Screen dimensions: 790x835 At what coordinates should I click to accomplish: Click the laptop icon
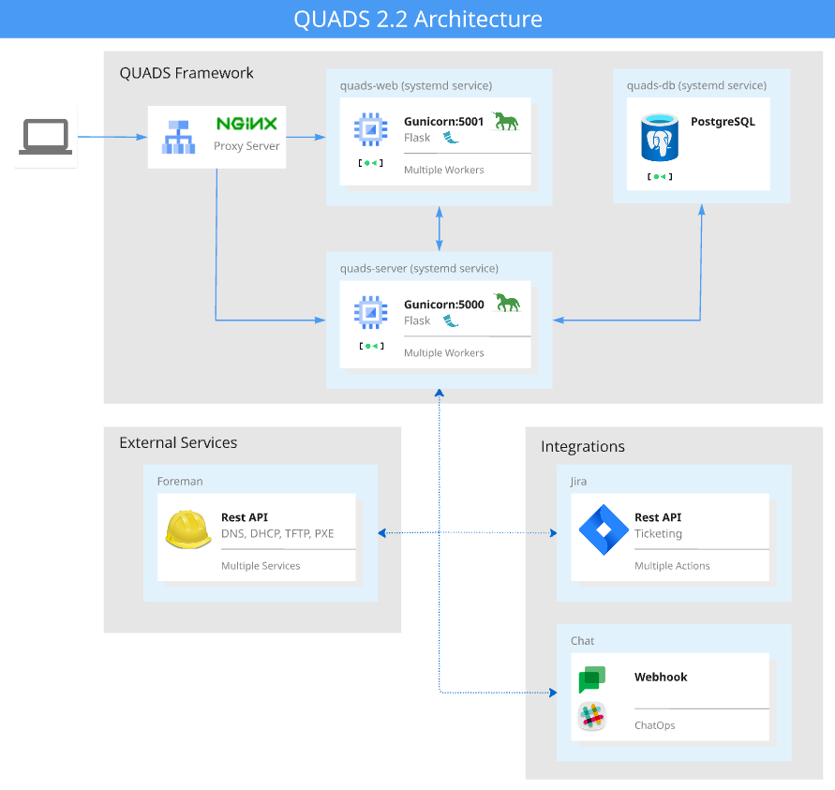coord(46,137)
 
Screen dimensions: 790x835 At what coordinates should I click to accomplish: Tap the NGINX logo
coord(246,124)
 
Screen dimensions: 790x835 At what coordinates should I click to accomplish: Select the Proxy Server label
coord(246,146)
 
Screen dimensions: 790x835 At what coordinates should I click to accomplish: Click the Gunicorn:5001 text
coord(443,122)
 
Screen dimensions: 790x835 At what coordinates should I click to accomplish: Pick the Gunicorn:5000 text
coord(443,305)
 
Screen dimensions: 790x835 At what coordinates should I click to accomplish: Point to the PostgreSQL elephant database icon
coord(661,136)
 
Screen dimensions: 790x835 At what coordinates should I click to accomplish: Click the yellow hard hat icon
coord(188,529)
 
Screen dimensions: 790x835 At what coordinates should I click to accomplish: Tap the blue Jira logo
coord(602,529)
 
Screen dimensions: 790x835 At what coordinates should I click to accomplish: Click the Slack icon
coord(592,717)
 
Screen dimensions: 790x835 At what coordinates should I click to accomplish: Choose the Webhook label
coord(661,677)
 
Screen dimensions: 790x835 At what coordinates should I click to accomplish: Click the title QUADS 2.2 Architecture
coord(417,19)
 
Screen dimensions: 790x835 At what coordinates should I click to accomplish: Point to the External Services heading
coord(178,442)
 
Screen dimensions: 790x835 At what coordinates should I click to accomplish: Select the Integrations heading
coord(583,446)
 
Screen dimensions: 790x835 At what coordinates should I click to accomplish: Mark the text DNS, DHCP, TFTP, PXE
coord(277,534)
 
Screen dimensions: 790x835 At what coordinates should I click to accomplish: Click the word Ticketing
coord(658,534)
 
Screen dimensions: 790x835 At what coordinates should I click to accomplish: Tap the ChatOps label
coord(654,725)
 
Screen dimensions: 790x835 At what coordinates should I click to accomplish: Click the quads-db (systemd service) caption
coord(696,85)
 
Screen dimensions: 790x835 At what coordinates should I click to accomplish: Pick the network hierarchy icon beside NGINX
coord(179,137)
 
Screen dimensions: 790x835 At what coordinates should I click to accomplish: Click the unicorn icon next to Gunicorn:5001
coord(506,121)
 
